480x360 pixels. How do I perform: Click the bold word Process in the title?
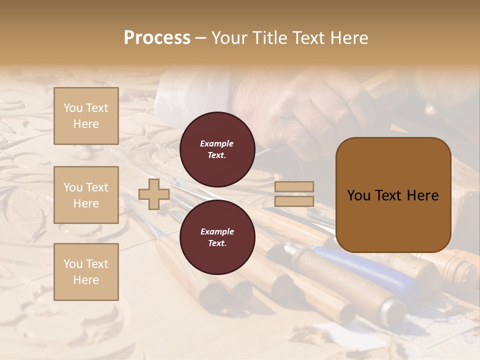click(157, 38)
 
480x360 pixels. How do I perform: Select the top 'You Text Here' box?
click(86, 116)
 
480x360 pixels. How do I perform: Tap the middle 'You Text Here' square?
click(86, 195)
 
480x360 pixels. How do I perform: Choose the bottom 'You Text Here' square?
click(86, 272)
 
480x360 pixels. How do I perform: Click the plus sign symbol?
click(154, 194)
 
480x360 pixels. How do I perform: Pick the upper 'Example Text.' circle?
click(217, 149)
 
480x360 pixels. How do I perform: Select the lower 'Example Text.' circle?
click(217, 237)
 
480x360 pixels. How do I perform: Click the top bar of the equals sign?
click(294, 187)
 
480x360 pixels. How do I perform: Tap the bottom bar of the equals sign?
click(294, 201)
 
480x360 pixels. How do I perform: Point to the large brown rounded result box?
click(393, 195)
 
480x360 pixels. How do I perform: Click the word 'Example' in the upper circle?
click(217, 143)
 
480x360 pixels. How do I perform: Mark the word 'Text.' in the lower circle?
click(217, 243)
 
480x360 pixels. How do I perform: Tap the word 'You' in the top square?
click(73, 108)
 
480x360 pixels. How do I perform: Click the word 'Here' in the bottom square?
click(86, 280)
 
